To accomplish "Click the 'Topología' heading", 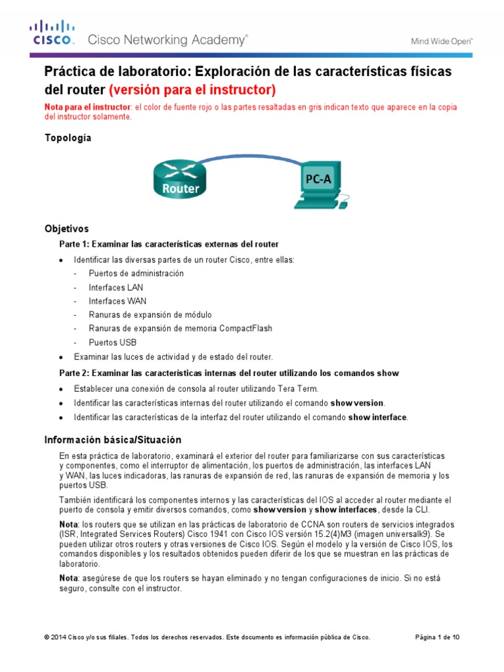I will pyautogui.click(x=68, y=138).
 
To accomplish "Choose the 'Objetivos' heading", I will pyautogui.click(x=66, y=229).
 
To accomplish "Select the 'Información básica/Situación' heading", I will pyautogui.click(x=112, y=440).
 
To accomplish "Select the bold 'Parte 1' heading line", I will pyautogui.click(x=169, y=244).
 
